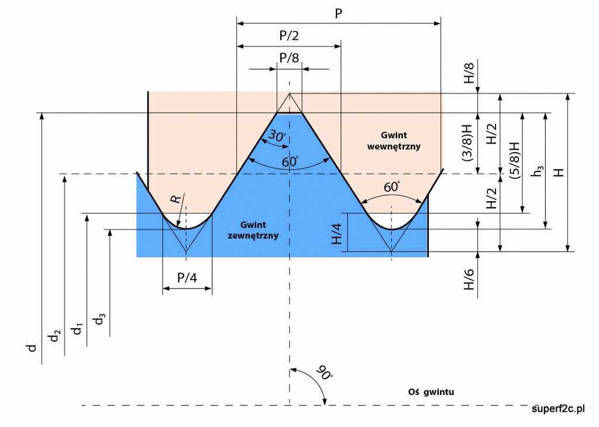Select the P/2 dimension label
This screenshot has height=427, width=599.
[288, 36]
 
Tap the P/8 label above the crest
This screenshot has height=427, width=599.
[288, 58]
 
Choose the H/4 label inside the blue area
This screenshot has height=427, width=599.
[337, 232]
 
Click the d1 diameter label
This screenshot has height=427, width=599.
[77, 329]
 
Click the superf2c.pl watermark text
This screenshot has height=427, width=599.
[558, 408]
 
